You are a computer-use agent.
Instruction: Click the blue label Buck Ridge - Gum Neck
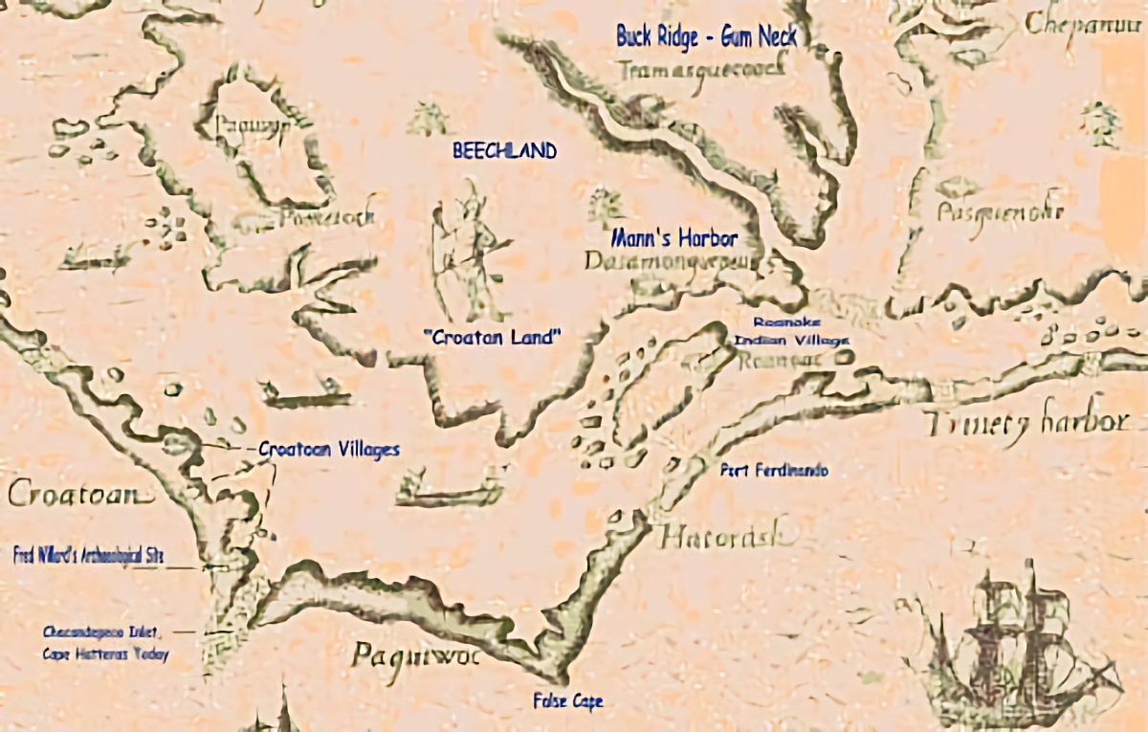[706, 36]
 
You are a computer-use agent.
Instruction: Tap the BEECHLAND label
[504, 151]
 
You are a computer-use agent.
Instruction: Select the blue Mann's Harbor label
[674, 238]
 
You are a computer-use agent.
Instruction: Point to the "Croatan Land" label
[492, 337]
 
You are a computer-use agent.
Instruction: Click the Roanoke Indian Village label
[789, 331]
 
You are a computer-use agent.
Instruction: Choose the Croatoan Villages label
[329, 449]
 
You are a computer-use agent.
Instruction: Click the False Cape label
[568, 701]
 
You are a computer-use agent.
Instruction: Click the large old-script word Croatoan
[80, 495]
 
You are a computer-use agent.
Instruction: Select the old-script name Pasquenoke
[1000, 211]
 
